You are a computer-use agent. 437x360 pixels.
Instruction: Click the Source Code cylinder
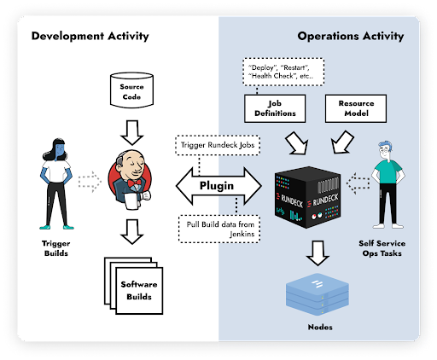[x=131, y=90]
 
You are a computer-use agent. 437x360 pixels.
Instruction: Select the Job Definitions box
[x=275, y=108]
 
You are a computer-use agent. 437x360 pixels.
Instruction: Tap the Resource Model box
[x=356, y=108]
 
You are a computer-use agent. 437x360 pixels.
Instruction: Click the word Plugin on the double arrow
[x=217, y=186]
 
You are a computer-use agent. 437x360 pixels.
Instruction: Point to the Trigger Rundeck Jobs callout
[x=218, y=145]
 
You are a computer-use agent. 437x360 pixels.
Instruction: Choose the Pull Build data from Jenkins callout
[x=219, y=229]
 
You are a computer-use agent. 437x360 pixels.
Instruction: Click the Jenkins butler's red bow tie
[x=135, y=183]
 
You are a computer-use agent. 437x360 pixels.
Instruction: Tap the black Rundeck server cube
[x=307, y=197]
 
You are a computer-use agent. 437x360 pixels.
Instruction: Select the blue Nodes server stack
[x=318, y=294]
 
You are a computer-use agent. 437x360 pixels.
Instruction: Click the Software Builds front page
[x=139, y=290]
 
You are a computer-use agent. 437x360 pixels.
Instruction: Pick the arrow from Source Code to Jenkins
[x=132, y=132]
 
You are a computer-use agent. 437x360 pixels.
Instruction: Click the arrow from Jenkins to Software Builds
[x=132, y=231]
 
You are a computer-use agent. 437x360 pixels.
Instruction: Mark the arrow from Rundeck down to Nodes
[x=318, y=253]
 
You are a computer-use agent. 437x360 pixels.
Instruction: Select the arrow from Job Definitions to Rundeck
[x=297, y=143]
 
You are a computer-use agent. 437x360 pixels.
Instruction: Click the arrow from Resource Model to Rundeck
[x=342, y=142]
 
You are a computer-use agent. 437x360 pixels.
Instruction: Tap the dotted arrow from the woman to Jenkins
[x=90, y=182]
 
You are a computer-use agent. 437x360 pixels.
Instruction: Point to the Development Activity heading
[x=90, y=36]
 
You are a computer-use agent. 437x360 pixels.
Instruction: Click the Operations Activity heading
[x=351, y=36]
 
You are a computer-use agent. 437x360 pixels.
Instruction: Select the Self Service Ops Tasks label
[x=382, y=248]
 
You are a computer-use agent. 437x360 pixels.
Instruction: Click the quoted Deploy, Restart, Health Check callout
[x=283, y=72]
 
